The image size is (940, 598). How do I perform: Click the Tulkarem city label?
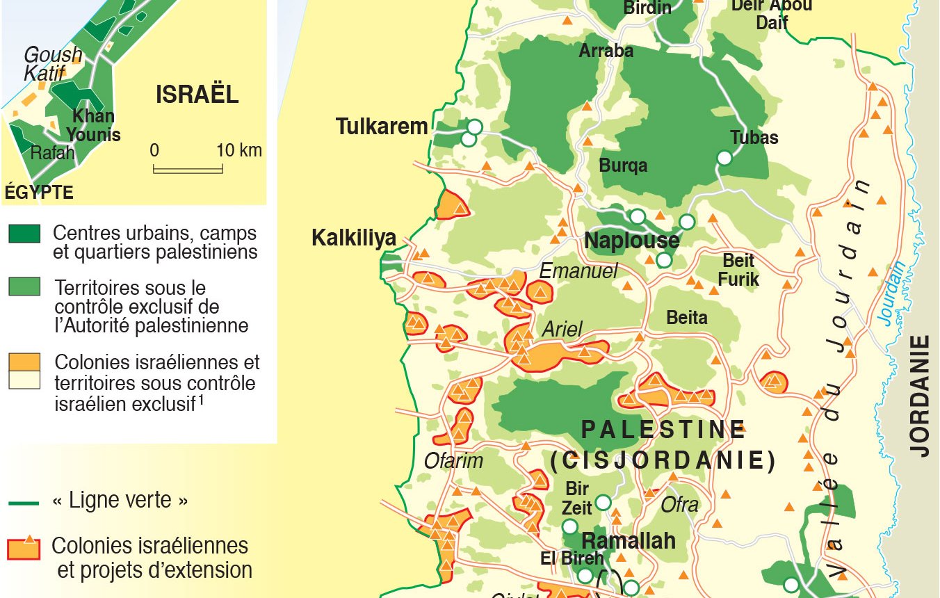[x=382, y=127]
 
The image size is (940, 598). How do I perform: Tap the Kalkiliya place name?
[x=353, y=238]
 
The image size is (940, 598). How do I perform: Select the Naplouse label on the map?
[x=631, y=241]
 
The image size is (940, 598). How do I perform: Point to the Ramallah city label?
[x=628, y=540]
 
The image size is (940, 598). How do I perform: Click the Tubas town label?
[x=754, y=137]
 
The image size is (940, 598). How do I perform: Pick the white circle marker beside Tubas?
[x=724, y=158]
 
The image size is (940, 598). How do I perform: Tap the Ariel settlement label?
[x=561, y=329]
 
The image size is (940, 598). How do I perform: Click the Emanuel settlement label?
[x=578, y=271]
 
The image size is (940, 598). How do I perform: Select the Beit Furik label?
[x=738, y=270]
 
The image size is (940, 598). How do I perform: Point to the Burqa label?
[x=623, y=165]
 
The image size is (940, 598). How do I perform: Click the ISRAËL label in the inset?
[x=197, y=95]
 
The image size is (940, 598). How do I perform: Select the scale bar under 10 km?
[x=188, y=168]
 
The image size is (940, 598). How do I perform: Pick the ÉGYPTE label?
[x=39, y=193]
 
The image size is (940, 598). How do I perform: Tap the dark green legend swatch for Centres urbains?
[x=24, y=234]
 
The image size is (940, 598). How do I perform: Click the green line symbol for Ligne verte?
[x=24, y=501]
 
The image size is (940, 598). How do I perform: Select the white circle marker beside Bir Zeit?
[x=603, y=502]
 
